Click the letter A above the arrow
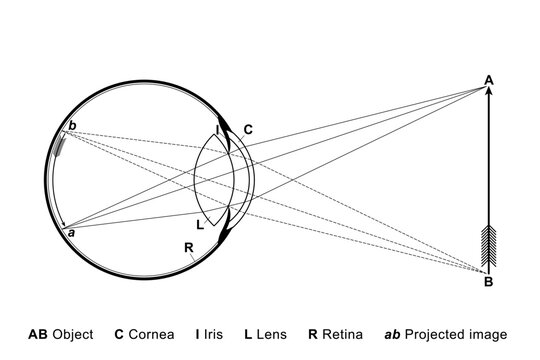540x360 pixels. pyautogui.click(x=488, y=78)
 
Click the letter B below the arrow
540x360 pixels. pyautogui.click(x=488, y=281)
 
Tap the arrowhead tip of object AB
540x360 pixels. pyautogui.click(x=488, y=91)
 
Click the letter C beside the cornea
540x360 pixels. pyautogui.click(x=248, y=128)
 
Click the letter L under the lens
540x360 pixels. pyautogui.click(x=200, y=225)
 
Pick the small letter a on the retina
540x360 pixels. pyautogui.click(x=70, y=232)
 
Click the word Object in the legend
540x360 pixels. pyautogui.click(x=73, y=334)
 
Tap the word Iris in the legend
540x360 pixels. pyautogui.click(x=213, y=334)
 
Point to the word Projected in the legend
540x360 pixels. pyautogui.click(x=436, y=334)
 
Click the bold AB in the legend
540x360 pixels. pyautogui.click(x=38, y=334)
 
